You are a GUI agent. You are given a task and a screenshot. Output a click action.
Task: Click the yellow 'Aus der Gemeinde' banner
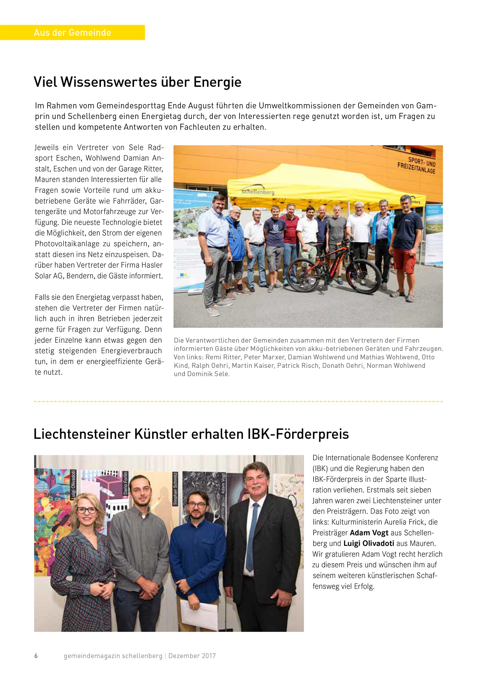[x=72, y=32]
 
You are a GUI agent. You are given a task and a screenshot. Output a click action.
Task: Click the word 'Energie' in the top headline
[x=217, y=82]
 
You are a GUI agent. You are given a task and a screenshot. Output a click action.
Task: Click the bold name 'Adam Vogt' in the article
[x=369, y=533]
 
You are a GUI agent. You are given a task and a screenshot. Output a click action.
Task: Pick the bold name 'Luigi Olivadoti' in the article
[x=369, y=543]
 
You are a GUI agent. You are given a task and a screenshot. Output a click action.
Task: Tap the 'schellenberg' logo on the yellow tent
[x=258, y=192]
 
